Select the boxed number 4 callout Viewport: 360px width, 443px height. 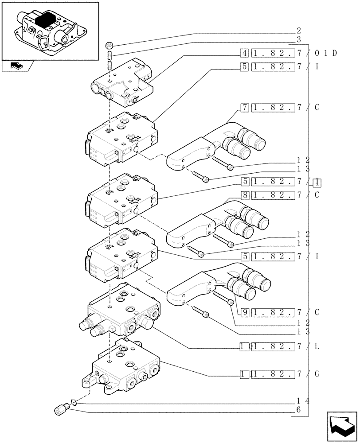click(x=244, y=54)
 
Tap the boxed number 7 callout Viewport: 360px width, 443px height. click(x=244, y=108)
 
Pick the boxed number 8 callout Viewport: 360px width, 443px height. click(x=244, y=194)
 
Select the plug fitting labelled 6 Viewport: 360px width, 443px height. click(x=61, y=408)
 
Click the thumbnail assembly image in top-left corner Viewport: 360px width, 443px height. click(x=50, y=30)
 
